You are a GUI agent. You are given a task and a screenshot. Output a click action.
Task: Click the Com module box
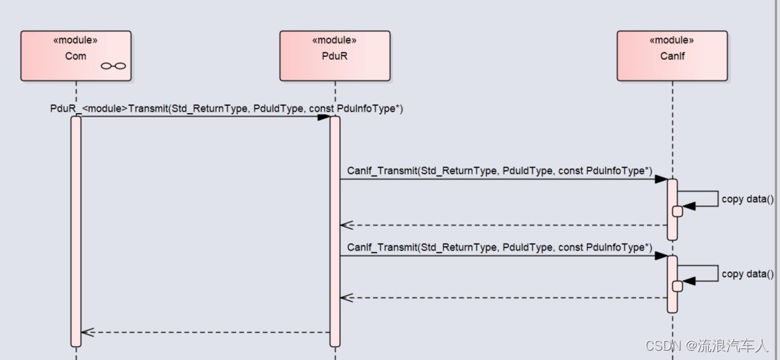click(x=76, y=55)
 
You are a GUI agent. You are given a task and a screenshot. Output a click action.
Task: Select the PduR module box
click(x=335, y=55)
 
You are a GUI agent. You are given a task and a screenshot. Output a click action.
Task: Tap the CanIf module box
click(x=672, y=55)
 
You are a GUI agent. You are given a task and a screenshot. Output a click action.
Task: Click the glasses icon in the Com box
click(x=114, y=66)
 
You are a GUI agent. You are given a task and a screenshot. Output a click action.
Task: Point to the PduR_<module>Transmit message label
click(x=227, y=109)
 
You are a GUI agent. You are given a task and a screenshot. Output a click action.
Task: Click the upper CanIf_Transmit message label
click(x=499, y=171)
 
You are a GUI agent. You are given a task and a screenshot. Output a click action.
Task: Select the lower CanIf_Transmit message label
click(x=499, y=248)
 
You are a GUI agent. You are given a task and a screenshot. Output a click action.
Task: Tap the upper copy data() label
click(x=748, y=199)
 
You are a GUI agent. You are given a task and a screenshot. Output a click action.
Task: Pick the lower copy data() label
click(x=748, y=274)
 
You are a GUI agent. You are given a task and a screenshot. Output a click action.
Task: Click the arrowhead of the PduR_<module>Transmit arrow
click(x=324, y=117)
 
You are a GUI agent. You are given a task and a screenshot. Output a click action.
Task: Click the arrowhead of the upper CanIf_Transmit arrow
click(x=661, y=179)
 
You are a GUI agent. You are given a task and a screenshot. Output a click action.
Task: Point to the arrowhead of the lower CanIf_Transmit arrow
click(x=661, y=256)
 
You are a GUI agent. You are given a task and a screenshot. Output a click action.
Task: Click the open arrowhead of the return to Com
click(x=88, y=332)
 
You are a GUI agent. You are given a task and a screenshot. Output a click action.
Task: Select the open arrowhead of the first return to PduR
click(x=346, y=225)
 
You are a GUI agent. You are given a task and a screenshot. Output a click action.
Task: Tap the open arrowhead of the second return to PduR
click(x=346, y=298)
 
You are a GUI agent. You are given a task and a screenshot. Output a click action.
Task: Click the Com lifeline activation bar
click(x=76, y=231)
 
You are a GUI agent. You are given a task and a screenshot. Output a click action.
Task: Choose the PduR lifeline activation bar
click(x=335, y=231)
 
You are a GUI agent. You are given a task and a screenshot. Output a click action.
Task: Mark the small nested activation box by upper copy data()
click(x=678, y=212)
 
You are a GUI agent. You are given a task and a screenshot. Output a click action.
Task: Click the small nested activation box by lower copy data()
click(x=678, y=287)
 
